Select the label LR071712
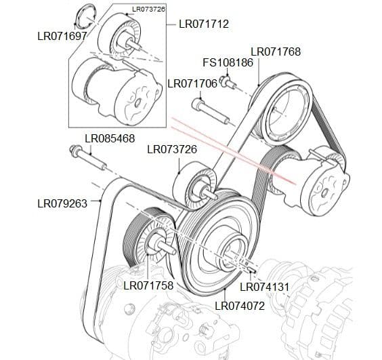pyautogui.click(x=204, y=24)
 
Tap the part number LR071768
pyautogui.click(x=276, y=52)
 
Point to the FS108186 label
pyautogui.click(x=228, y=63)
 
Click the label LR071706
pyautogui.click(x=192, y=83)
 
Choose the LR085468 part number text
pyautogui.click(x=110, y=138)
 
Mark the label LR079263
pyautogui.click(x=62, y=202)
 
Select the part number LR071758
pyautogui.click(x=149, y=285)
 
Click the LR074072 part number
pyautogui.click(x=240, y=305)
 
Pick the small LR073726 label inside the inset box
pyautogui.click(x=149, y=9)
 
